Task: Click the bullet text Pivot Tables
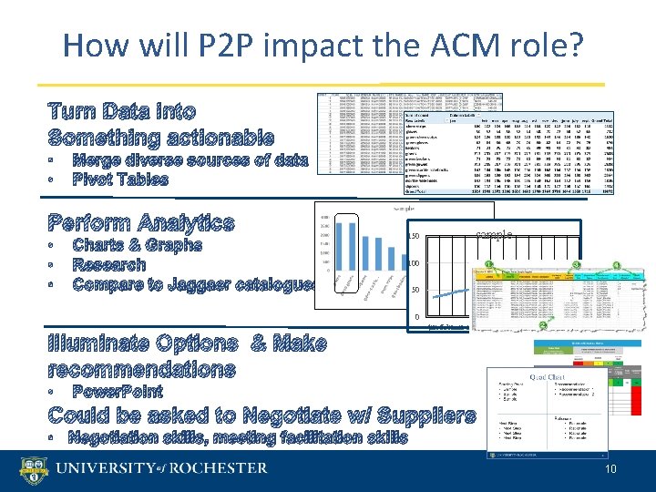120,179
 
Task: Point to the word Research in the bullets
109,265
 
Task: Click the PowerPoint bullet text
118,392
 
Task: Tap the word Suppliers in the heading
422,416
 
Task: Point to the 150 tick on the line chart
413,237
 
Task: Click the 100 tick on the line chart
413,263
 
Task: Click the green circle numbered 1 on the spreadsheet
489,264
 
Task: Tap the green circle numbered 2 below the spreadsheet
543,326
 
